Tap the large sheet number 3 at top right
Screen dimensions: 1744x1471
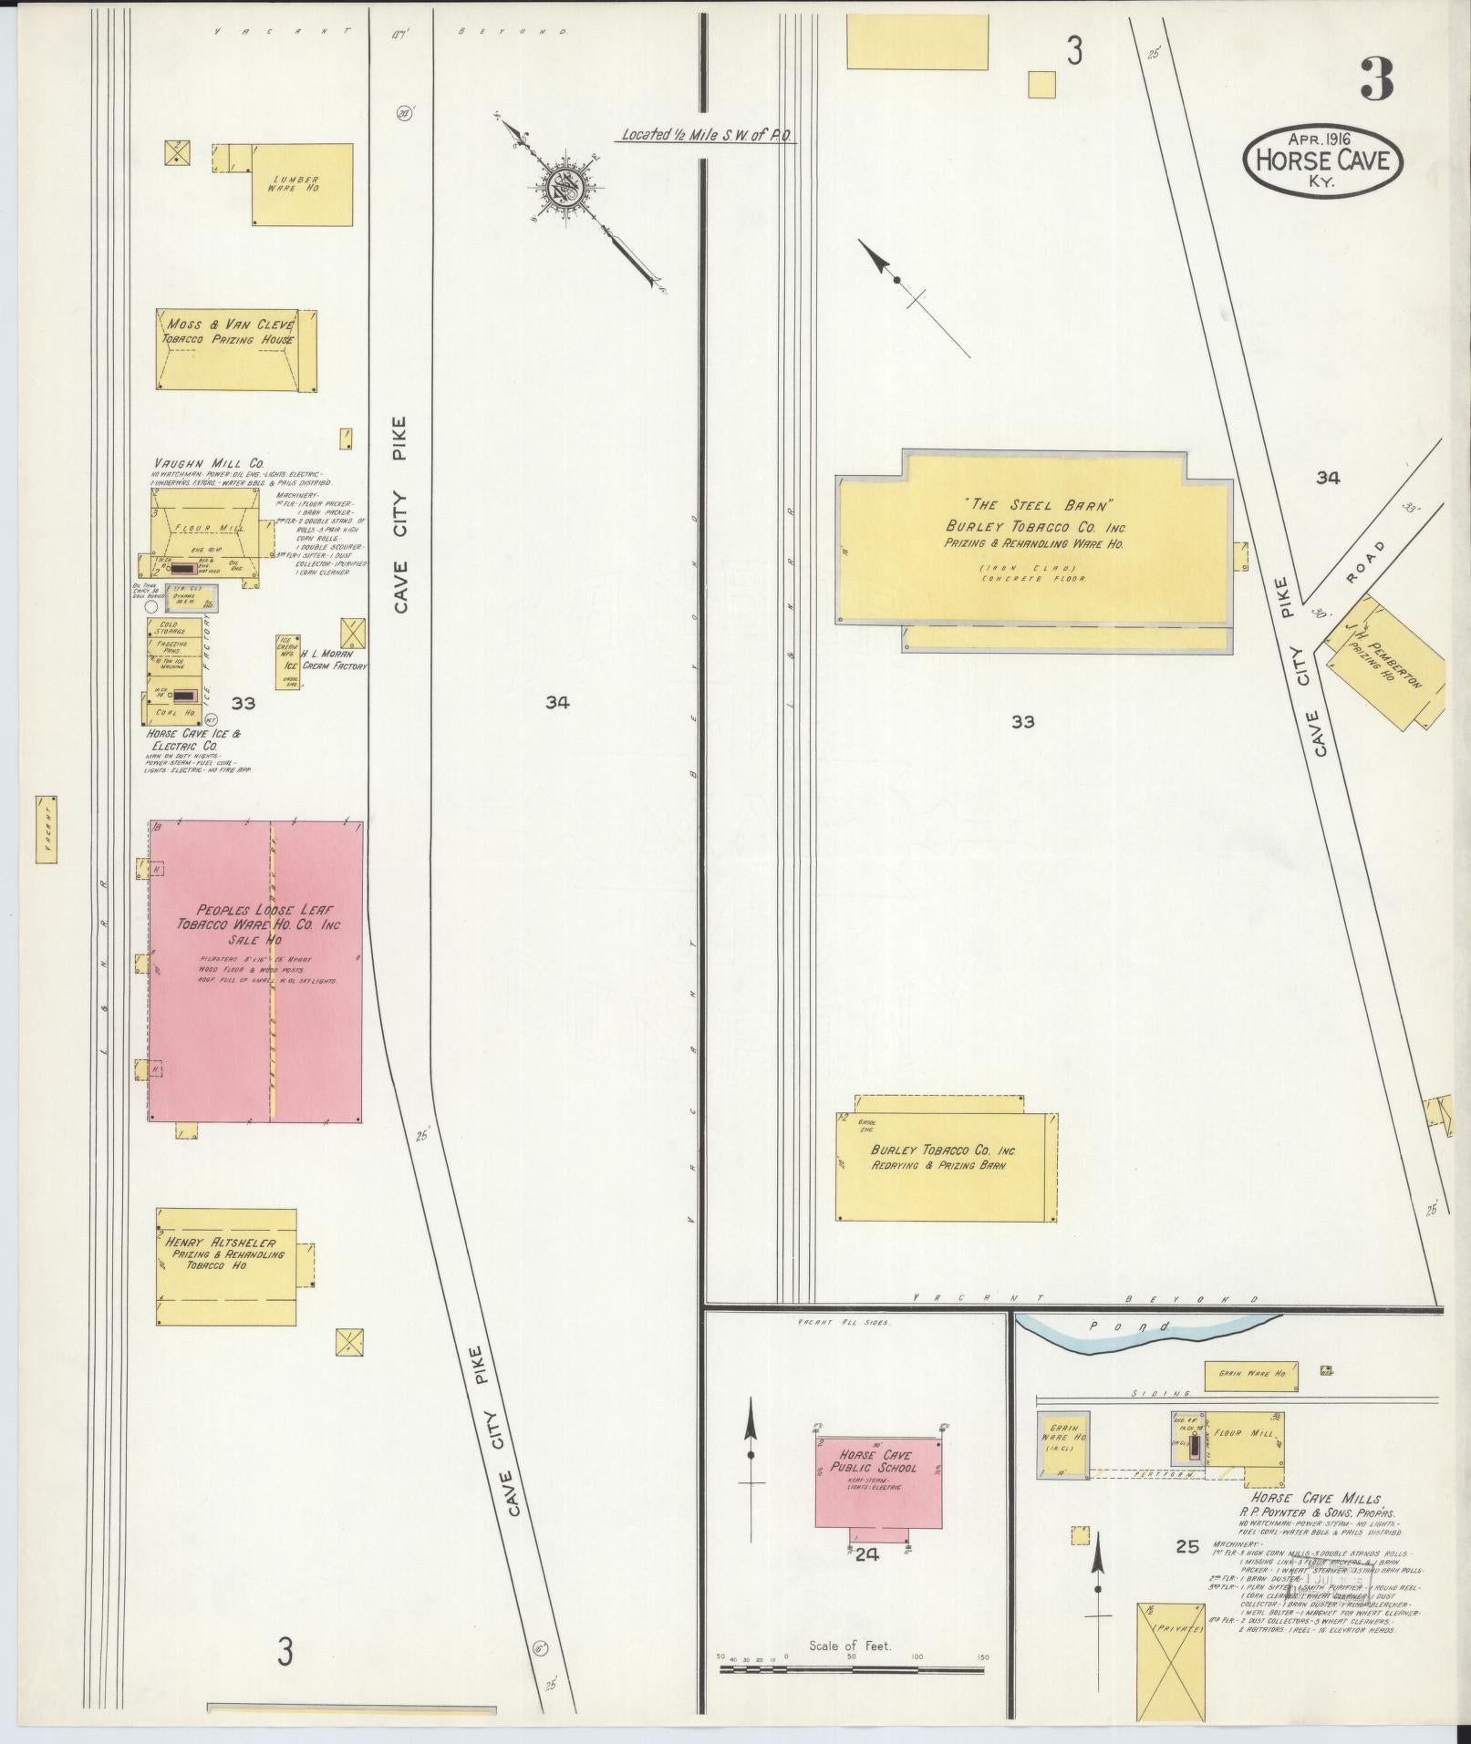1376,80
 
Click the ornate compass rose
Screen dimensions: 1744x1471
564,189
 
